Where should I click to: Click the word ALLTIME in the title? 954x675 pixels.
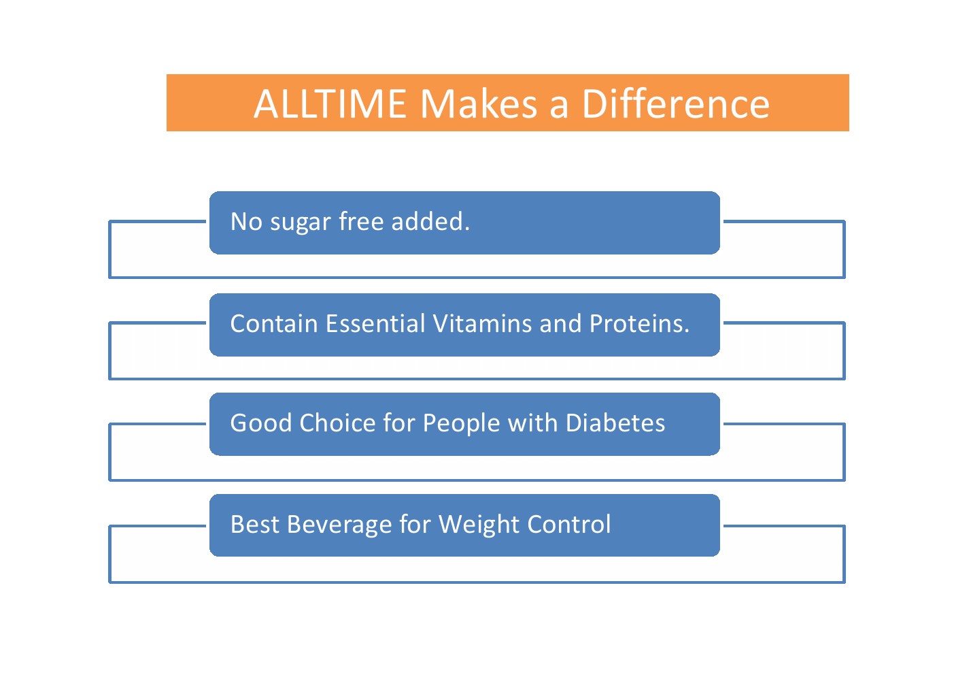pos(330,104)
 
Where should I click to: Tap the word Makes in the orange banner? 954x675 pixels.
pos(479,104)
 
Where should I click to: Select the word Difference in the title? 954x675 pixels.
pos(676,104)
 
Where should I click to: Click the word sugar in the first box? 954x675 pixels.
pos(301,223)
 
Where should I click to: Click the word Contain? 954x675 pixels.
pos(274,323)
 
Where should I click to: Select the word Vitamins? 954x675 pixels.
pos(482,323)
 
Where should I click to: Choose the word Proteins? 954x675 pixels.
pos(639,323)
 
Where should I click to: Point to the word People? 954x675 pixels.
pos(461,425)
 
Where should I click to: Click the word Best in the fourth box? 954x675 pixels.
pos(255,524)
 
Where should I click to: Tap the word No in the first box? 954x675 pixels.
pos(246,222)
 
